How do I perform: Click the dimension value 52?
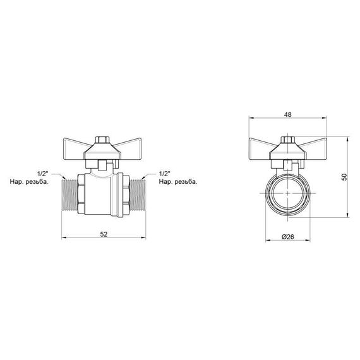104,234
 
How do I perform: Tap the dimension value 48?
288,116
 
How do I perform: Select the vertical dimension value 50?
344,177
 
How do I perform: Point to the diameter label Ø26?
289,237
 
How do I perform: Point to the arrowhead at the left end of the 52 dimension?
64,239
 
